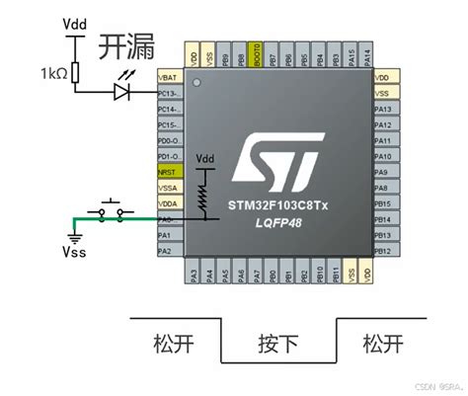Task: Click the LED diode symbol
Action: click(x=121, y=91)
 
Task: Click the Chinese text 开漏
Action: click(x=123, y=46)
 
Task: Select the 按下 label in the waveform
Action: click(x=277, y=345)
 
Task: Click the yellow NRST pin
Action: click(x=169, y=171)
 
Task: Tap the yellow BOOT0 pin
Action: click(x=257, y=57)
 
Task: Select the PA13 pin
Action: click(x=385, y=108)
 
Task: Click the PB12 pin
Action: click(x=385, y=250)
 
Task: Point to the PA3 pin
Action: click(x=194, y=274)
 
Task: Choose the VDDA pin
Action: click(x=169, y=203)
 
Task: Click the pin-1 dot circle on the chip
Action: click(x=195, y=81)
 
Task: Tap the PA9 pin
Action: click(x=385, y=171)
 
